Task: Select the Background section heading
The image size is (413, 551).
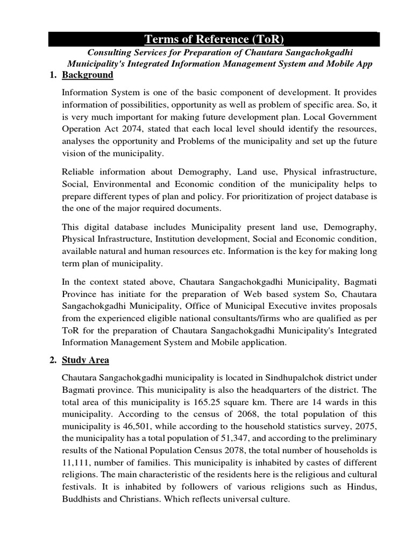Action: (x=87, y=75)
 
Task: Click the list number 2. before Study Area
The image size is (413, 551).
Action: (x=53, y=360)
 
